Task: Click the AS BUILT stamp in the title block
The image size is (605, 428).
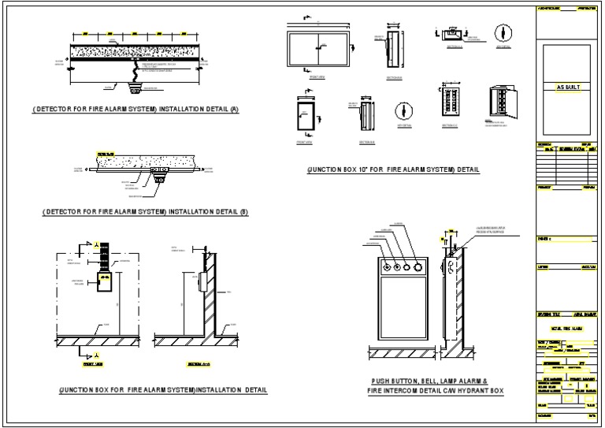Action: (x=567, y=87)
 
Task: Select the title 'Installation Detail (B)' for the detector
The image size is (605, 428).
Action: (x=145, y=212)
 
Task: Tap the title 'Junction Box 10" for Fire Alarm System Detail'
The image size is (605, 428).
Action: (x=394, y=169)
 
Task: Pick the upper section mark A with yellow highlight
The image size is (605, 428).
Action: (x=96, y=244)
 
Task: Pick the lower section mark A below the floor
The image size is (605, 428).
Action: (x=96, y=355)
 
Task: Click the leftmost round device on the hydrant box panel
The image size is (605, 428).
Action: (x=387, y=266)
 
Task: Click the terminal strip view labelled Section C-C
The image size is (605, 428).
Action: (x=451, y=100)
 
